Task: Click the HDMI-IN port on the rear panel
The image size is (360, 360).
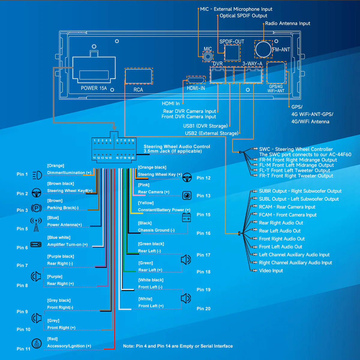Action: [196, 80]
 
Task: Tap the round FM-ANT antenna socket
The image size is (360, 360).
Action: [263, 49]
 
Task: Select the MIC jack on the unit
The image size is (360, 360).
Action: [208, 56]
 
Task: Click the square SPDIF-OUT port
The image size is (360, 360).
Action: [232, 52]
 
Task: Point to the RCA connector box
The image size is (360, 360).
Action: [139, 76]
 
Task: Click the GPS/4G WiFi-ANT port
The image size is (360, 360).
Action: [276, 73]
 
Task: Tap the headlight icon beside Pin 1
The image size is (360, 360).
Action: [37, 175]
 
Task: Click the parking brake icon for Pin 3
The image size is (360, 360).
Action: [36, 208]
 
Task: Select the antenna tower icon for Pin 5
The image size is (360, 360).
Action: [36, 225]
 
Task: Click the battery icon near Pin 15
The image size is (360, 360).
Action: [186, 217]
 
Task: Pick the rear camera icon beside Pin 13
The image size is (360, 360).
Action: [187, 195]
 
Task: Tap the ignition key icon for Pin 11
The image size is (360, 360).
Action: [37, 343]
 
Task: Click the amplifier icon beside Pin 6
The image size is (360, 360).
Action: [36, 244]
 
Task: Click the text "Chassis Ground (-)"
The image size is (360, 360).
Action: [156, 230]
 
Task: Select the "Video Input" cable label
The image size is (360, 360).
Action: [271, 271]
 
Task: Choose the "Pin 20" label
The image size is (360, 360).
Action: [203, 309]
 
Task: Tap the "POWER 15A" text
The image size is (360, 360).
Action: [94, 88]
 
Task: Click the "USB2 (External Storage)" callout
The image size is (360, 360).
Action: [212, 133]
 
